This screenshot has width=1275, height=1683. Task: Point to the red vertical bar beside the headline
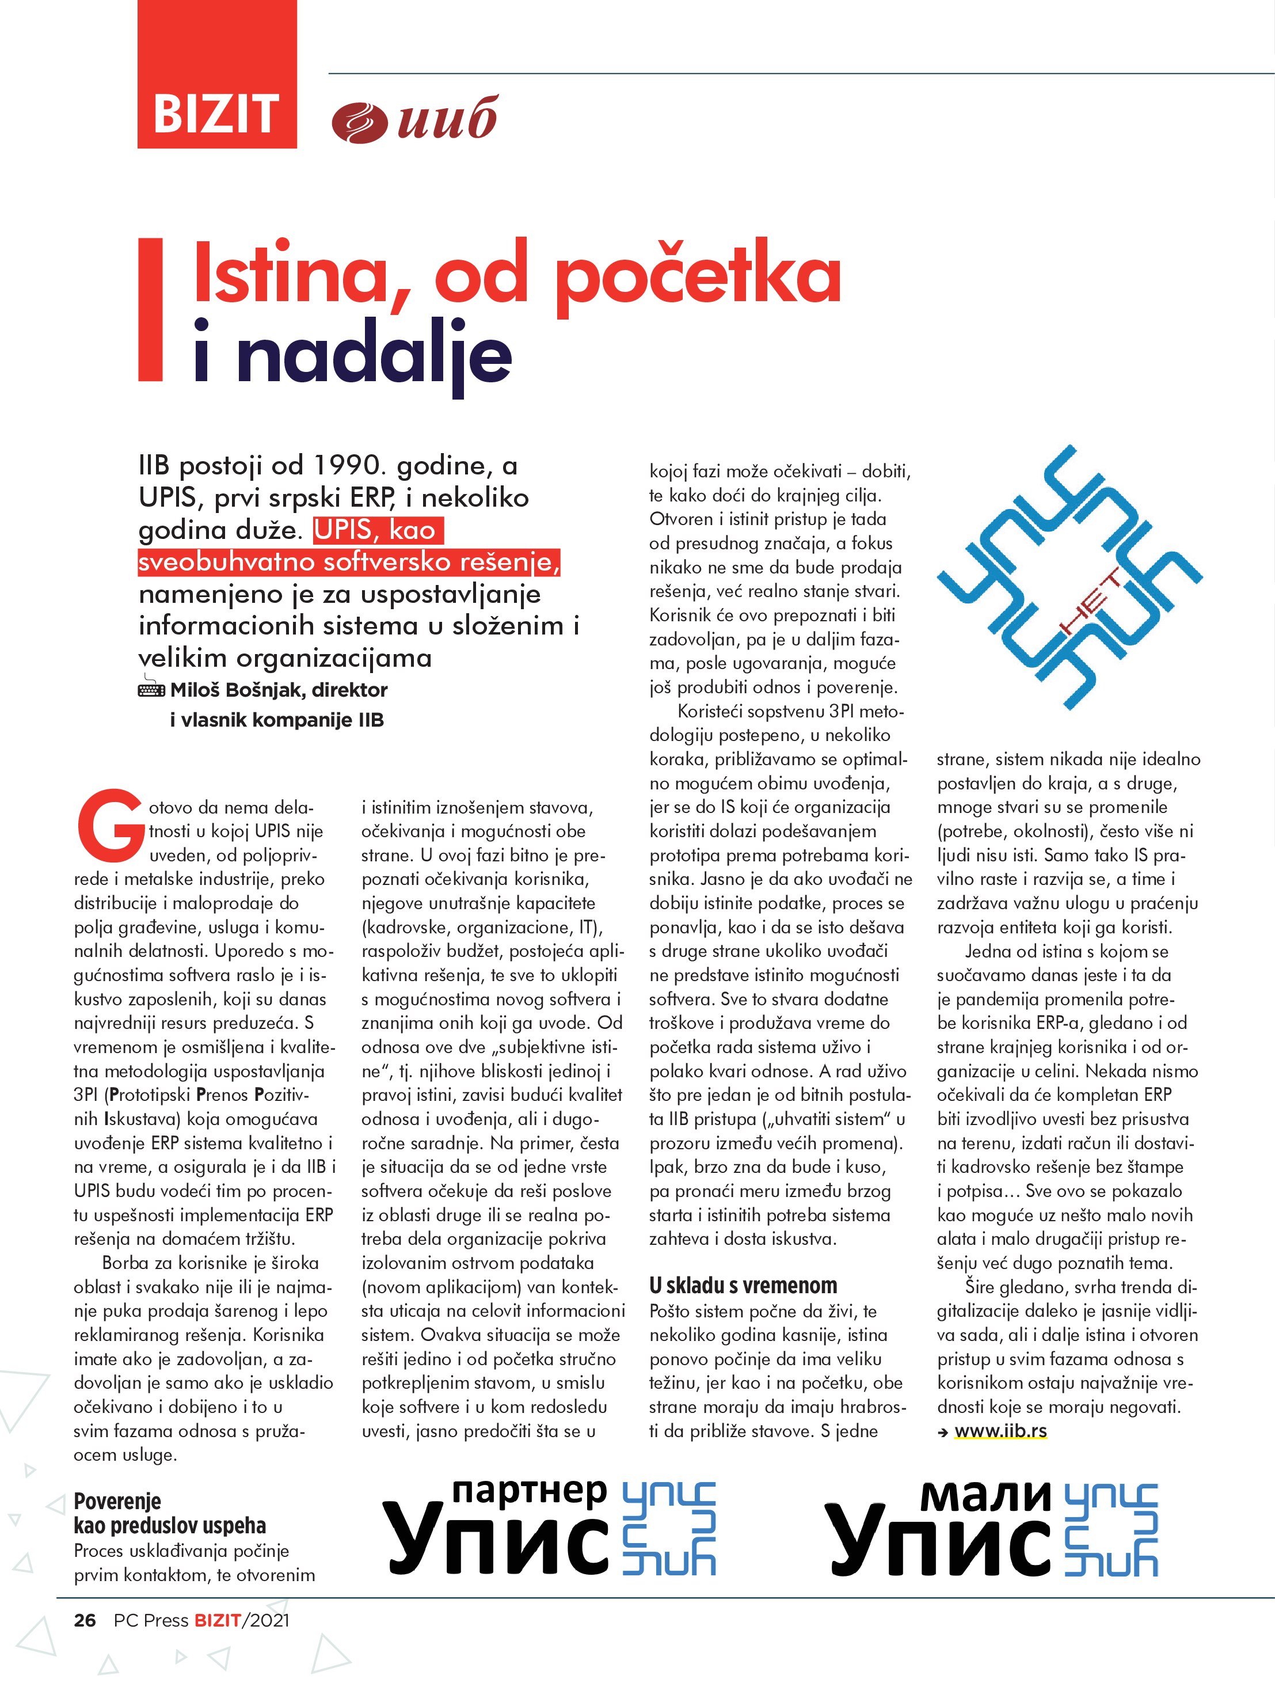pos(151,309)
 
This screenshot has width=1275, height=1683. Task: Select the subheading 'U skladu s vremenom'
pos(743,1286)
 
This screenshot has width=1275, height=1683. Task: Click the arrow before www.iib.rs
pos(943,1432)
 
